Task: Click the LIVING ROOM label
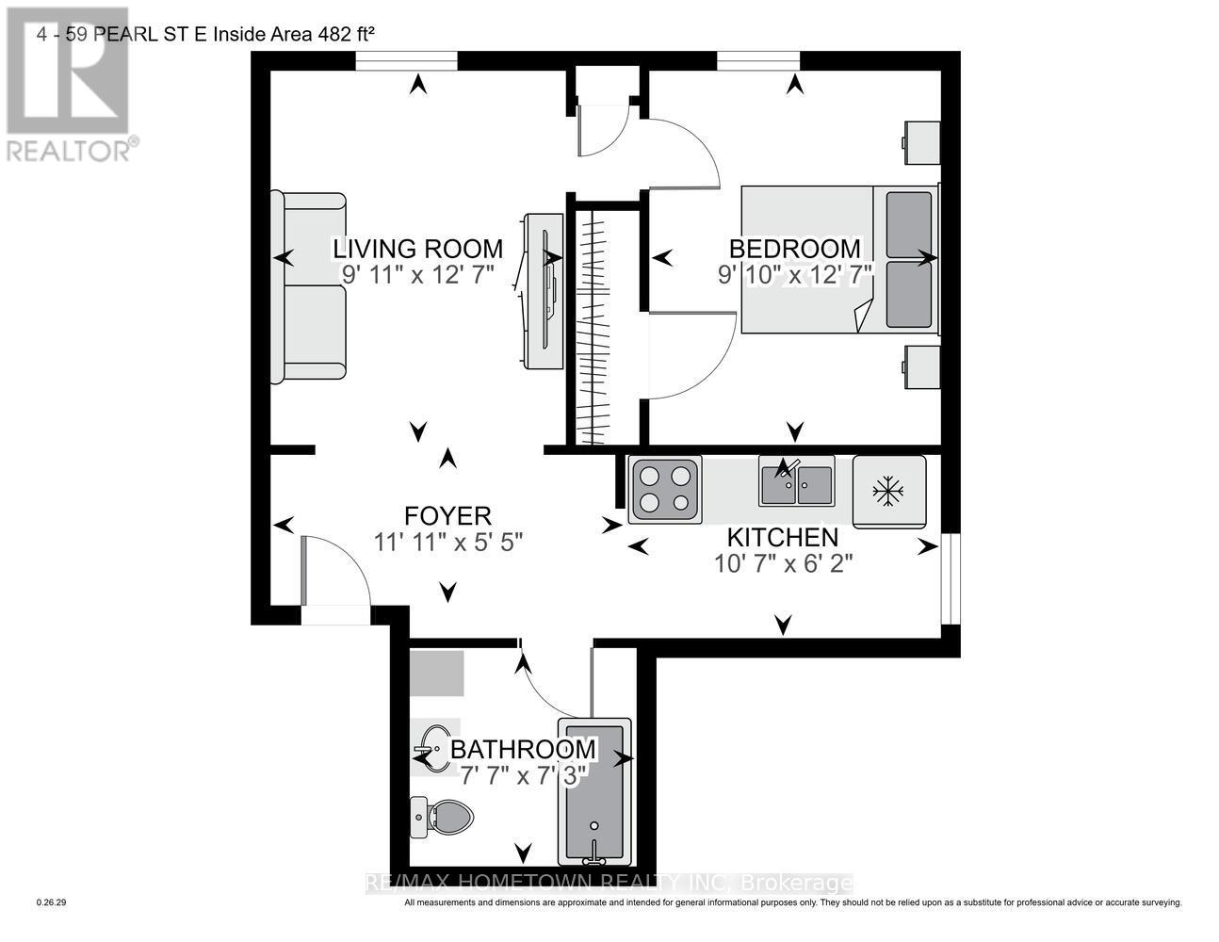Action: point(417,249)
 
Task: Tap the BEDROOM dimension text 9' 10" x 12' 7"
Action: point(796,274)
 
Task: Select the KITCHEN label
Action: point(782,538)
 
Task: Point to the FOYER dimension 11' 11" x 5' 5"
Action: point(447,543)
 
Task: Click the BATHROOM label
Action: point(523,750)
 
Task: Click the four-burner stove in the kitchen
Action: point(665,490)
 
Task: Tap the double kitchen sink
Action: point(796,482)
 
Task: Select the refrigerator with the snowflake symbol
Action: point(889,491)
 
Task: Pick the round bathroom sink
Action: point(434,749)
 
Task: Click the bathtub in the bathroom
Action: point(593,791)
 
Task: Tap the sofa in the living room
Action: point(308,287)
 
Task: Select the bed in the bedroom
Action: point(840,259)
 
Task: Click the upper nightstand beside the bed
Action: point(921,142)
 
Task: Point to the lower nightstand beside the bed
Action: point(921,366)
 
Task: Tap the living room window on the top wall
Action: point(406,61)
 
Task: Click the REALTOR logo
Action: point(68,85)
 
